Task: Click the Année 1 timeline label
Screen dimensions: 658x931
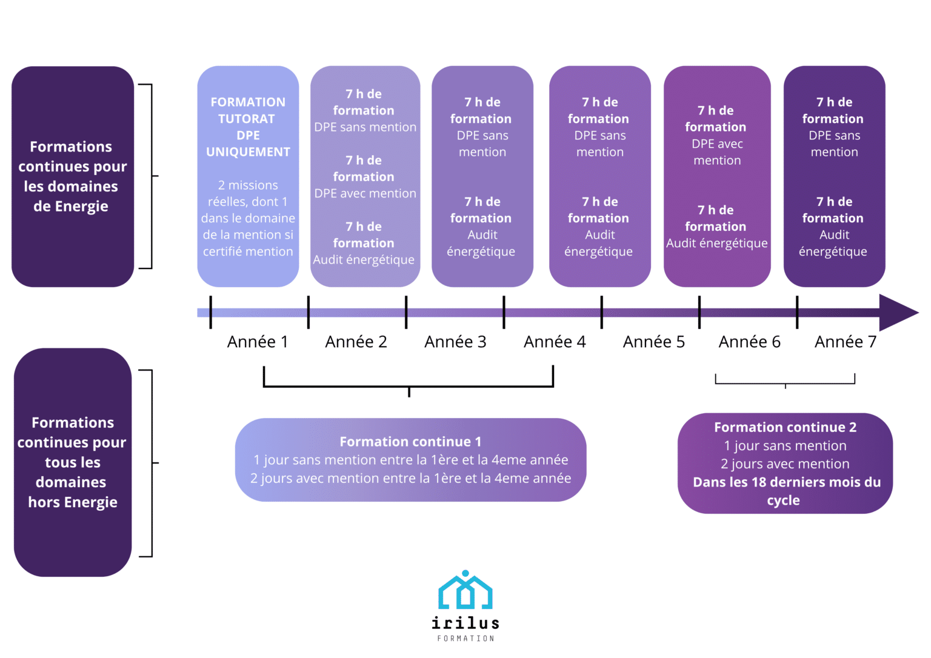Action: (x=257, y=342)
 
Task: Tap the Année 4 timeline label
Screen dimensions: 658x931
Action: (x=555, y=342)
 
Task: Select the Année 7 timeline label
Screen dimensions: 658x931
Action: (x=845, y=342)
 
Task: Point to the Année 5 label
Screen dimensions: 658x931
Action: (x=653, y=342)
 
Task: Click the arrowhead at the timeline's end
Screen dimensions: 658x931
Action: (x=897, y=313)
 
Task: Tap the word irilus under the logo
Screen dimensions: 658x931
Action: (x=465, y=622)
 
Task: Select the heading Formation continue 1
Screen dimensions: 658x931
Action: (x=410, y=442)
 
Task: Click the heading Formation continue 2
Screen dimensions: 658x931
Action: (x=785, y=427)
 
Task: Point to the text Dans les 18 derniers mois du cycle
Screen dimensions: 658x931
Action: (x=786, y=491)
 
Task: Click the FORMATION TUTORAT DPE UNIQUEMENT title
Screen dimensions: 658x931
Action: (x=248, y=127)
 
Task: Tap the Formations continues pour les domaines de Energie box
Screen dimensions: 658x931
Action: (x=72, y=176)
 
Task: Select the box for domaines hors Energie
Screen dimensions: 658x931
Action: (x=72, y=462)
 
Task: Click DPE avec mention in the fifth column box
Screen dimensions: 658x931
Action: (x=717, y=152)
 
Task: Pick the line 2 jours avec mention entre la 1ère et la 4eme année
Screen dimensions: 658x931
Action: (x=410, y=479)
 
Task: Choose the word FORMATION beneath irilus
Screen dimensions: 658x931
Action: (x=465, y=639)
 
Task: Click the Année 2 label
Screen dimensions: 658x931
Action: (x=356, y=342)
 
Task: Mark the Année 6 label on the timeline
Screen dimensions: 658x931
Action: (x=749, y=342)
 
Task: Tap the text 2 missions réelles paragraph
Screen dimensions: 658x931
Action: (x=248, y=218)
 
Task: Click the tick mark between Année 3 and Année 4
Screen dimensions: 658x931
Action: (x=504, y=313)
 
